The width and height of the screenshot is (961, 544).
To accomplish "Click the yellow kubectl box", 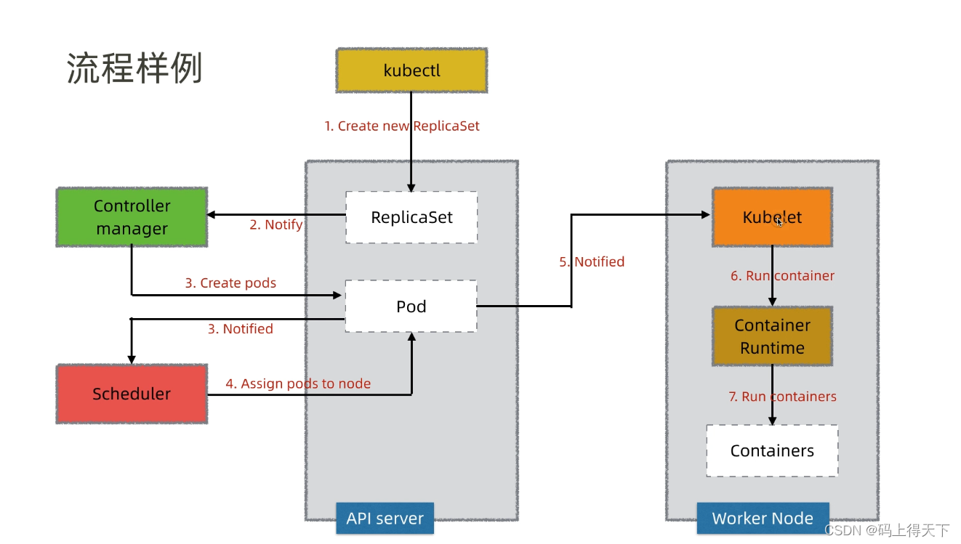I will click(x=411, y=70).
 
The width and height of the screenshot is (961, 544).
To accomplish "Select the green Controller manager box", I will click(x=132, y=217).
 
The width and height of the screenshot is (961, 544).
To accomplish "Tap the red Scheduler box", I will click(x=132, y=394).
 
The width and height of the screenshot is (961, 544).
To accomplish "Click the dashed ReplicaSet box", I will click(x=411, y=217).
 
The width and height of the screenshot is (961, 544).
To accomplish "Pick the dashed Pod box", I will click(x=411, y=306).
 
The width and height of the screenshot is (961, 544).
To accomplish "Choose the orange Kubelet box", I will click(x=772, y=217).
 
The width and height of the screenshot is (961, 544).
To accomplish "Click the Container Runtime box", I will click(x=772, y=336).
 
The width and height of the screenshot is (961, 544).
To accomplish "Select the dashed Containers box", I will click(x=772, y=451).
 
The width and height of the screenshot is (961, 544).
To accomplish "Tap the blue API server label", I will click(x=385, y=519).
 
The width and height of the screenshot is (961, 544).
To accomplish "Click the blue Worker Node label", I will click(x=763, y=519).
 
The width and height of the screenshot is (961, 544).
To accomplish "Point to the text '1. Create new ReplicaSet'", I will click(x=402, y=126).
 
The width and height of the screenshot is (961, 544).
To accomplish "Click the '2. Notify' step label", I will click(x=276, y=224).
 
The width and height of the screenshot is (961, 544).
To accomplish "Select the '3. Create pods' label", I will click(x=230, y=283).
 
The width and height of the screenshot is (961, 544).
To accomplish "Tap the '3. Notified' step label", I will click(x=241, y=329).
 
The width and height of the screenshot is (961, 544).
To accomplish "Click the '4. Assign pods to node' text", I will click(x=298, y=383).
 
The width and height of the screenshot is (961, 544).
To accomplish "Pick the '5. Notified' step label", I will click(x=592, y=261).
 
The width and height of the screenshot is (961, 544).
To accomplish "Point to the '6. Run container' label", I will click(x=782, y=276).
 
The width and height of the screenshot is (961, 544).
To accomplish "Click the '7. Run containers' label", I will click(x=782, y=397).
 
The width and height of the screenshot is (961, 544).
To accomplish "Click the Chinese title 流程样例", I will click(x=134, y=69).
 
